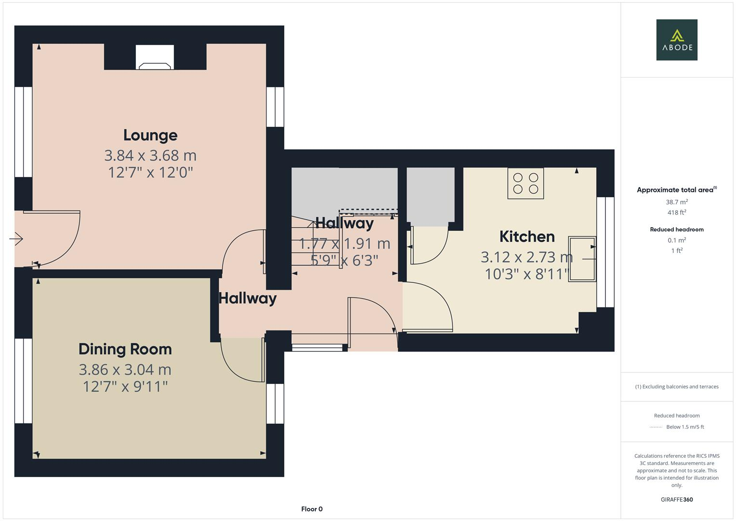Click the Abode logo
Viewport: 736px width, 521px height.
[x=676, y=40]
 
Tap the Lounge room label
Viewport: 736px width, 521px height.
[x=150, y=135]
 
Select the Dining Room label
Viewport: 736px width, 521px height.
[x=125, y=349]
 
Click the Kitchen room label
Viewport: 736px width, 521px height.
[x=526, y=236]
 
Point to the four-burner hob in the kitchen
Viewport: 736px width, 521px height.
[x=525, y=183]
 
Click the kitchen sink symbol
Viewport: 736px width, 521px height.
[x=582, y=259]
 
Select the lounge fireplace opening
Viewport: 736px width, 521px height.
[x=155, y=57]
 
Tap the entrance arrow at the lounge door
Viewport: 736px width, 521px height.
[x=16, y=238]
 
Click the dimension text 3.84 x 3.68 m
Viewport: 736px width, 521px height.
[x=150, y=155]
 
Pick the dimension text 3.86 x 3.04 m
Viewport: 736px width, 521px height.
[x=125, y=370]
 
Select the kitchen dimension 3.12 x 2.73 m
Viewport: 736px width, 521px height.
[x=526, y=257]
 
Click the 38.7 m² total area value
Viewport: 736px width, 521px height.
[x=676, y=202]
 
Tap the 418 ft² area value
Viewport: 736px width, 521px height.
[x=676, y=212]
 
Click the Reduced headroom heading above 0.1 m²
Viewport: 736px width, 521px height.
[x=676, y=230]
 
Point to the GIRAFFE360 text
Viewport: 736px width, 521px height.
[x=676, y=499]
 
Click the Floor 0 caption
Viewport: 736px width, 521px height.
[x=311, y=509]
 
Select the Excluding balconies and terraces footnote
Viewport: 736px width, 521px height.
[x=676, y=386]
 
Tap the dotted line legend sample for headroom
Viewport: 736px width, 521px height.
[x=656, y=427]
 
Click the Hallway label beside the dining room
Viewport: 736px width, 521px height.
[x=247, y=298]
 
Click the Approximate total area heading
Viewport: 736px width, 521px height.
[x=675, y=190]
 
